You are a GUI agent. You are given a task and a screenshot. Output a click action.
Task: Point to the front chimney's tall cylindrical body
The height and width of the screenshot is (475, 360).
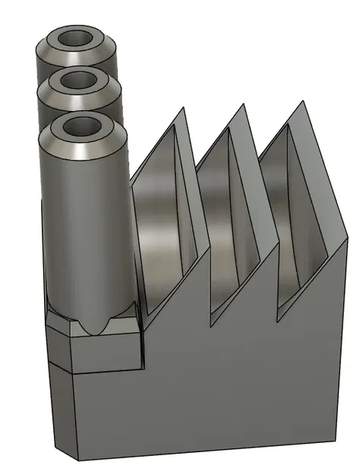(84, 228)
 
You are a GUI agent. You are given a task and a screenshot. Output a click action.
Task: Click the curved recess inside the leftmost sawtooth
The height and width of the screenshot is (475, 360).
(163, 228)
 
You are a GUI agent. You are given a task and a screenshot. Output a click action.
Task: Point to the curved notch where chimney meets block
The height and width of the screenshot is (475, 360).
(96, 325)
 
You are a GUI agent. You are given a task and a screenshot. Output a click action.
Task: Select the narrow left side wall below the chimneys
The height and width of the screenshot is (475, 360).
(61, 403)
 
